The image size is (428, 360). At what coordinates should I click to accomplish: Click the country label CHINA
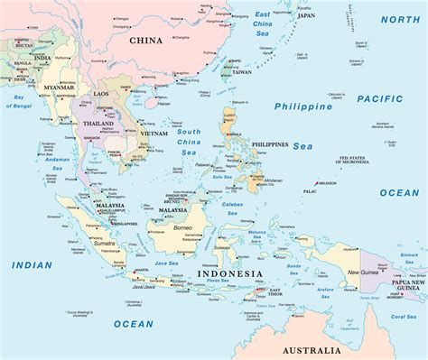145,40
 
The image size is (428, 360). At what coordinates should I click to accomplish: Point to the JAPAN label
306,15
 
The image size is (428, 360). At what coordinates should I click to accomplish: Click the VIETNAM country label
154,134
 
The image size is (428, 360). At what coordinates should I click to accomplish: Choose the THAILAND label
98,124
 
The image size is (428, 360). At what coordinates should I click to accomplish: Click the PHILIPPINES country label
270,144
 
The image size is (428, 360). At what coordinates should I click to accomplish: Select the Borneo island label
183,229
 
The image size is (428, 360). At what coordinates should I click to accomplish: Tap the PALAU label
310,191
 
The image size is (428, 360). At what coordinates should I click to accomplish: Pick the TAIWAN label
235,72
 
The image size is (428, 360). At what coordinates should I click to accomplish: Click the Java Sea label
168,263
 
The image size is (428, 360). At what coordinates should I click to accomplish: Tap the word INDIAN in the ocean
33,264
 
